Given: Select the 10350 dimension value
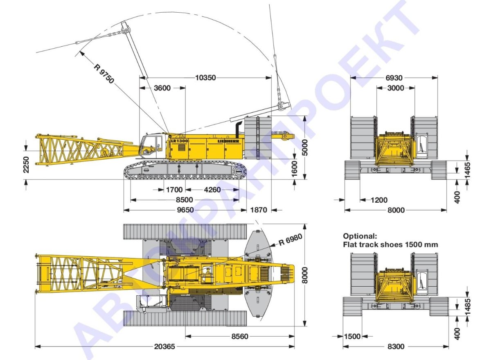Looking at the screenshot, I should (x=206, y=77).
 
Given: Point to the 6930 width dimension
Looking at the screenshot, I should (x=394, y=77).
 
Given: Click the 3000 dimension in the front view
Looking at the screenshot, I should (x=395, y=88).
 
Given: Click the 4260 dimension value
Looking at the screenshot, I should (x=212, y=190).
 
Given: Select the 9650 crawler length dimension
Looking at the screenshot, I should (x=185, y=210).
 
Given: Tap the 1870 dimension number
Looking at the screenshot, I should (x=259, y=210).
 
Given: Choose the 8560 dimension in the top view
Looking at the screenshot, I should (x=239, y=336).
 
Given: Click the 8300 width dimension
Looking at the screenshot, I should (x=395, y=346).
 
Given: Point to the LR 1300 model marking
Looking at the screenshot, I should (x=180, y=140).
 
